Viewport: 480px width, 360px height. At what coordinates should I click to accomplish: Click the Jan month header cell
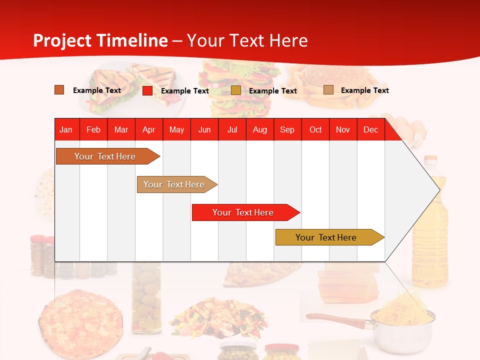66,129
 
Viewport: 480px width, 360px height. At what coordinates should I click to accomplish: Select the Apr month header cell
149,129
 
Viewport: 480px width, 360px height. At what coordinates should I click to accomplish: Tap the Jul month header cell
232,129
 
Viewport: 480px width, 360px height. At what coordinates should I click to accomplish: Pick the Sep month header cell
287,129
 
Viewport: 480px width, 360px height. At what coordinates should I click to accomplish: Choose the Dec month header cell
370,129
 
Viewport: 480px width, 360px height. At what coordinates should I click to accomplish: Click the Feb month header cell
93,129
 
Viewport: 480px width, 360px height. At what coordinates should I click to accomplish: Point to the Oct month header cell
315,129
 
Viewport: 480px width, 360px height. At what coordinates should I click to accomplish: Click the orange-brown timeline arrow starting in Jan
105,156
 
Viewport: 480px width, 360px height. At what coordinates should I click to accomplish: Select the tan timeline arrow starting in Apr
174,184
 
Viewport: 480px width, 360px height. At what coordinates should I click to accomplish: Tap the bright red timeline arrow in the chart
243,212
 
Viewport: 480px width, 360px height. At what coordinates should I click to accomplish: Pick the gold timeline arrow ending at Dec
326,237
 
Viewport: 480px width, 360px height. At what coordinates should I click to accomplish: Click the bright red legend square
147,90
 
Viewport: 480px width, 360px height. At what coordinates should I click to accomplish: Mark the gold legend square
236,90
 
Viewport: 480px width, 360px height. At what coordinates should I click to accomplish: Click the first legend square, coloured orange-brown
59,90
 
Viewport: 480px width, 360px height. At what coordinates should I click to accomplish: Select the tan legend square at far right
328,90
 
